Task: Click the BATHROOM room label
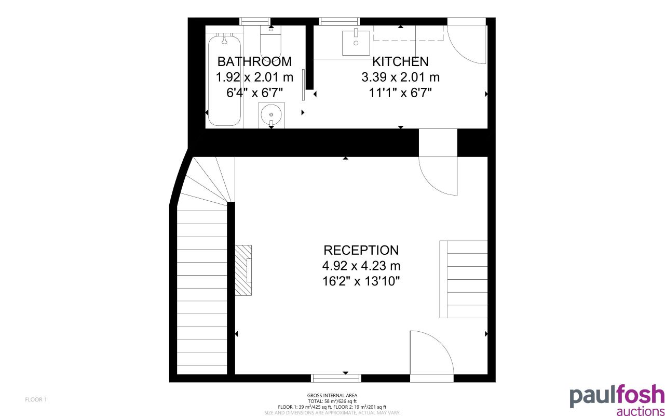(x=254, y=61)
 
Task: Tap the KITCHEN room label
(x=400, y=61)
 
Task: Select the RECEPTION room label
(x=361, y=250)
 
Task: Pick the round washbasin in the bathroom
(x=271, y=114)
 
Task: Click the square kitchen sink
(x=356, y=42)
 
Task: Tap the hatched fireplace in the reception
(x=243, y=270)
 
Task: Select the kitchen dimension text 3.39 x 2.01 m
(x=400, y=77)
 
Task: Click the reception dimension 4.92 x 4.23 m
(x=361, y=266)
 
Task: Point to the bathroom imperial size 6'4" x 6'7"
(x=254, y=93)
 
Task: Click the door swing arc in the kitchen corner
(x=467, y=44)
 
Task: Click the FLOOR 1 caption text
(x=36, y=399)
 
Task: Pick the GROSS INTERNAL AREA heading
(x=332, y=396)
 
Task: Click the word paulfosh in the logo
(x=617, y=396)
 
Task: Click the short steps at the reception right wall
(x=463, y=279)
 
